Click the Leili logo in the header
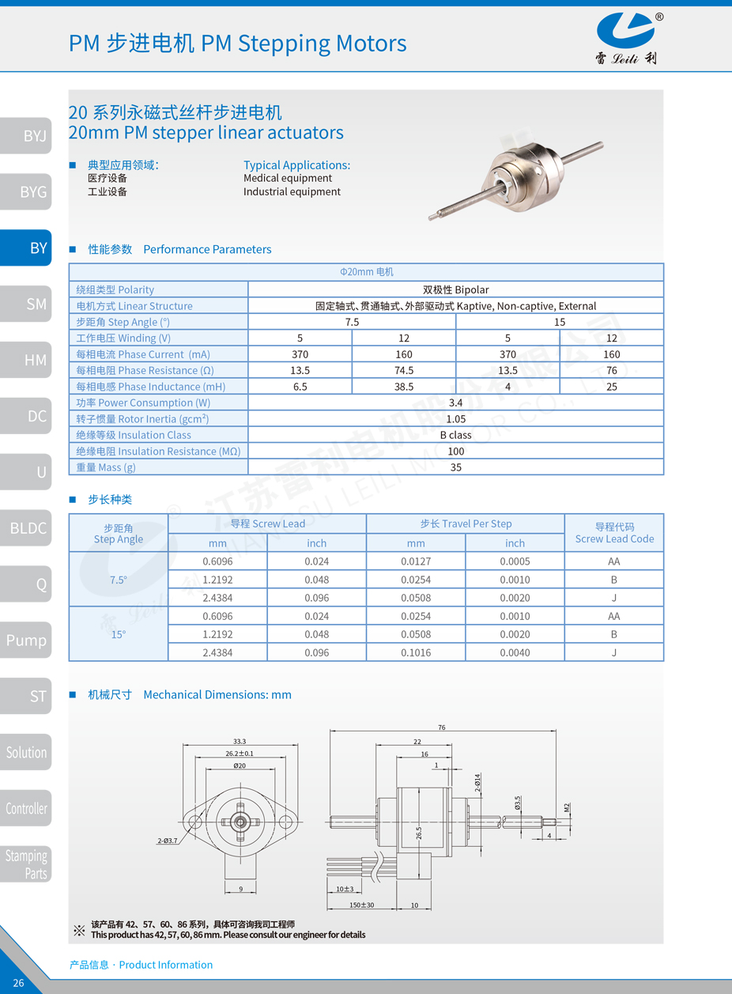625,37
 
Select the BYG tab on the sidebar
32,191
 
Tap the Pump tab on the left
26,640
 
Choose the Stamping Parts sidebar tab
26,864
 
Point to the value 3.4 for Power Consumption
455,403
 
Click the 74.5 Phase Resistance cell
404,370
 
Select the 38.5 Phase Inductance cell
404,387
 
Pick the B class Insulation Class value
455,435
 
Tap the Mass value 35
455,467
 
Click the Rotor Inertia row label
142,419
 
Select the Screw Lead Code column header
614,532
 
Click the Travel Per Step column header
466,523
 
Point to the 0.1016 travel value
416,652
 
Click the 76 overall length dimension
442,728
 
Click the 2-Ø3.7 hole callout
168,841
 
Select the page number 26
19,983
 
